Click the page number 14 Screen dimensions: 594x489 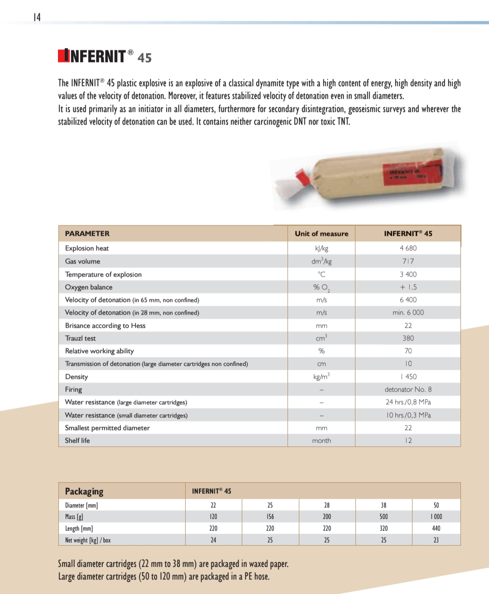[x=37, y=17]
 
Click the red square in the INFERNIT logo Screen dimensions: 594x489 [x=63, y=55]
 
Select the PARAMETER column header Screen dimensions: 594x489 [x=87, y=234]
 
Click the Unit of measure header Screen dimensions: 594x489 [x=321, y=234]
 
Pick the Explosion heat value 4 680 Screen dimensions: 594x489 [x=408, y=248]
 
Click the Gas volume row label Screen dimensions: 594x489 [x=82, y=261]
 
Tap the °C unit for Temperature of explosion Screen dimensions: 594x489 [x=321, y=274]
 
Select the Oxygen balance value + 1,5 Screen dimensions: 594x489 [x=408, y=287]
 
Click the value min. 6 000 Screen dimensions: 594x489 [x=408, y=312]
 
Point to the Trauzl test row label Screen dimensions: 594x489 [x=80, y=338]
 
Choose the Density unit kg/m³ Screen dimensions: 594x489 [x=321, y=376]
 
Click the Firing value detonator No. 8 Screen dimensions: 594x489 [x=408, y=389]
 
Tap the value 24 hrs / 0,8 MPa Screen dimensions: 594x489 [x=408, y=402]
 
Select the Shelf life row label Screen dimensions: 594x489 [x=77, y=441]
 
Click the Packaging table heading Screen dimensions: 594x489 [x=84, y=491]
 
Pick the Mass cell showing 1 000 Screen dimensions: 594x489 [x=436, y=517]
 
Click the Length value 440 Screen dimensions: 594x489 [x=436, y=528]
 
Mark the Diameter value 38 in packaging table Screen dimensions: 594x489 [x=384, y=505]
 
